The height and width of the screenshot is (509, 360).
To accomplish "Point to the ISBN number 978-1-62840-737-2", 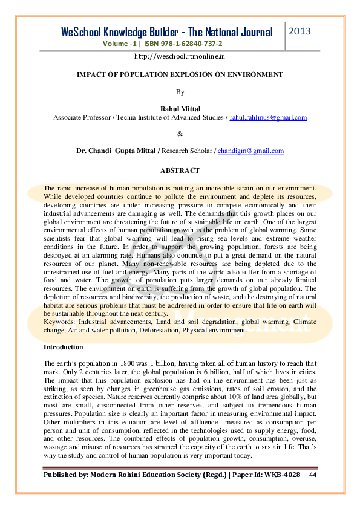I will (189, 44).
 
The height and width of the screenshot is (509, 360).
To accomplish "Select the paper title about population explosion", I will (180, 74).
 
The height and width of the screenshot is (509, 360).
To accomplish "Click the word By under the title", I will (180, 92).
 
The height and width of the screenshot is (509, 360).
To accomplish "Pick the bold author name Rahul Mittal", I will (180, 109).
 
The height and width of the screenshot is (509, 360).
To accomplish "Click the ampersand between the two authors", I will (180, 134).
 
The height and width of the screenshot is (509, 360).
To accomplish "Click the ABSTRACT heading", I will (180, 171).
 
